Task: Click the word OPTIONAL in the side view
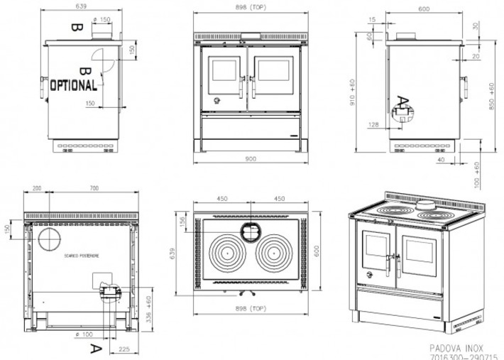point(74,85)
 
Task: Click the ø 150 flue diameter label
point(104,19)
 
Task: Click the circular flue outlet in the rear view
point(50,239)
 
